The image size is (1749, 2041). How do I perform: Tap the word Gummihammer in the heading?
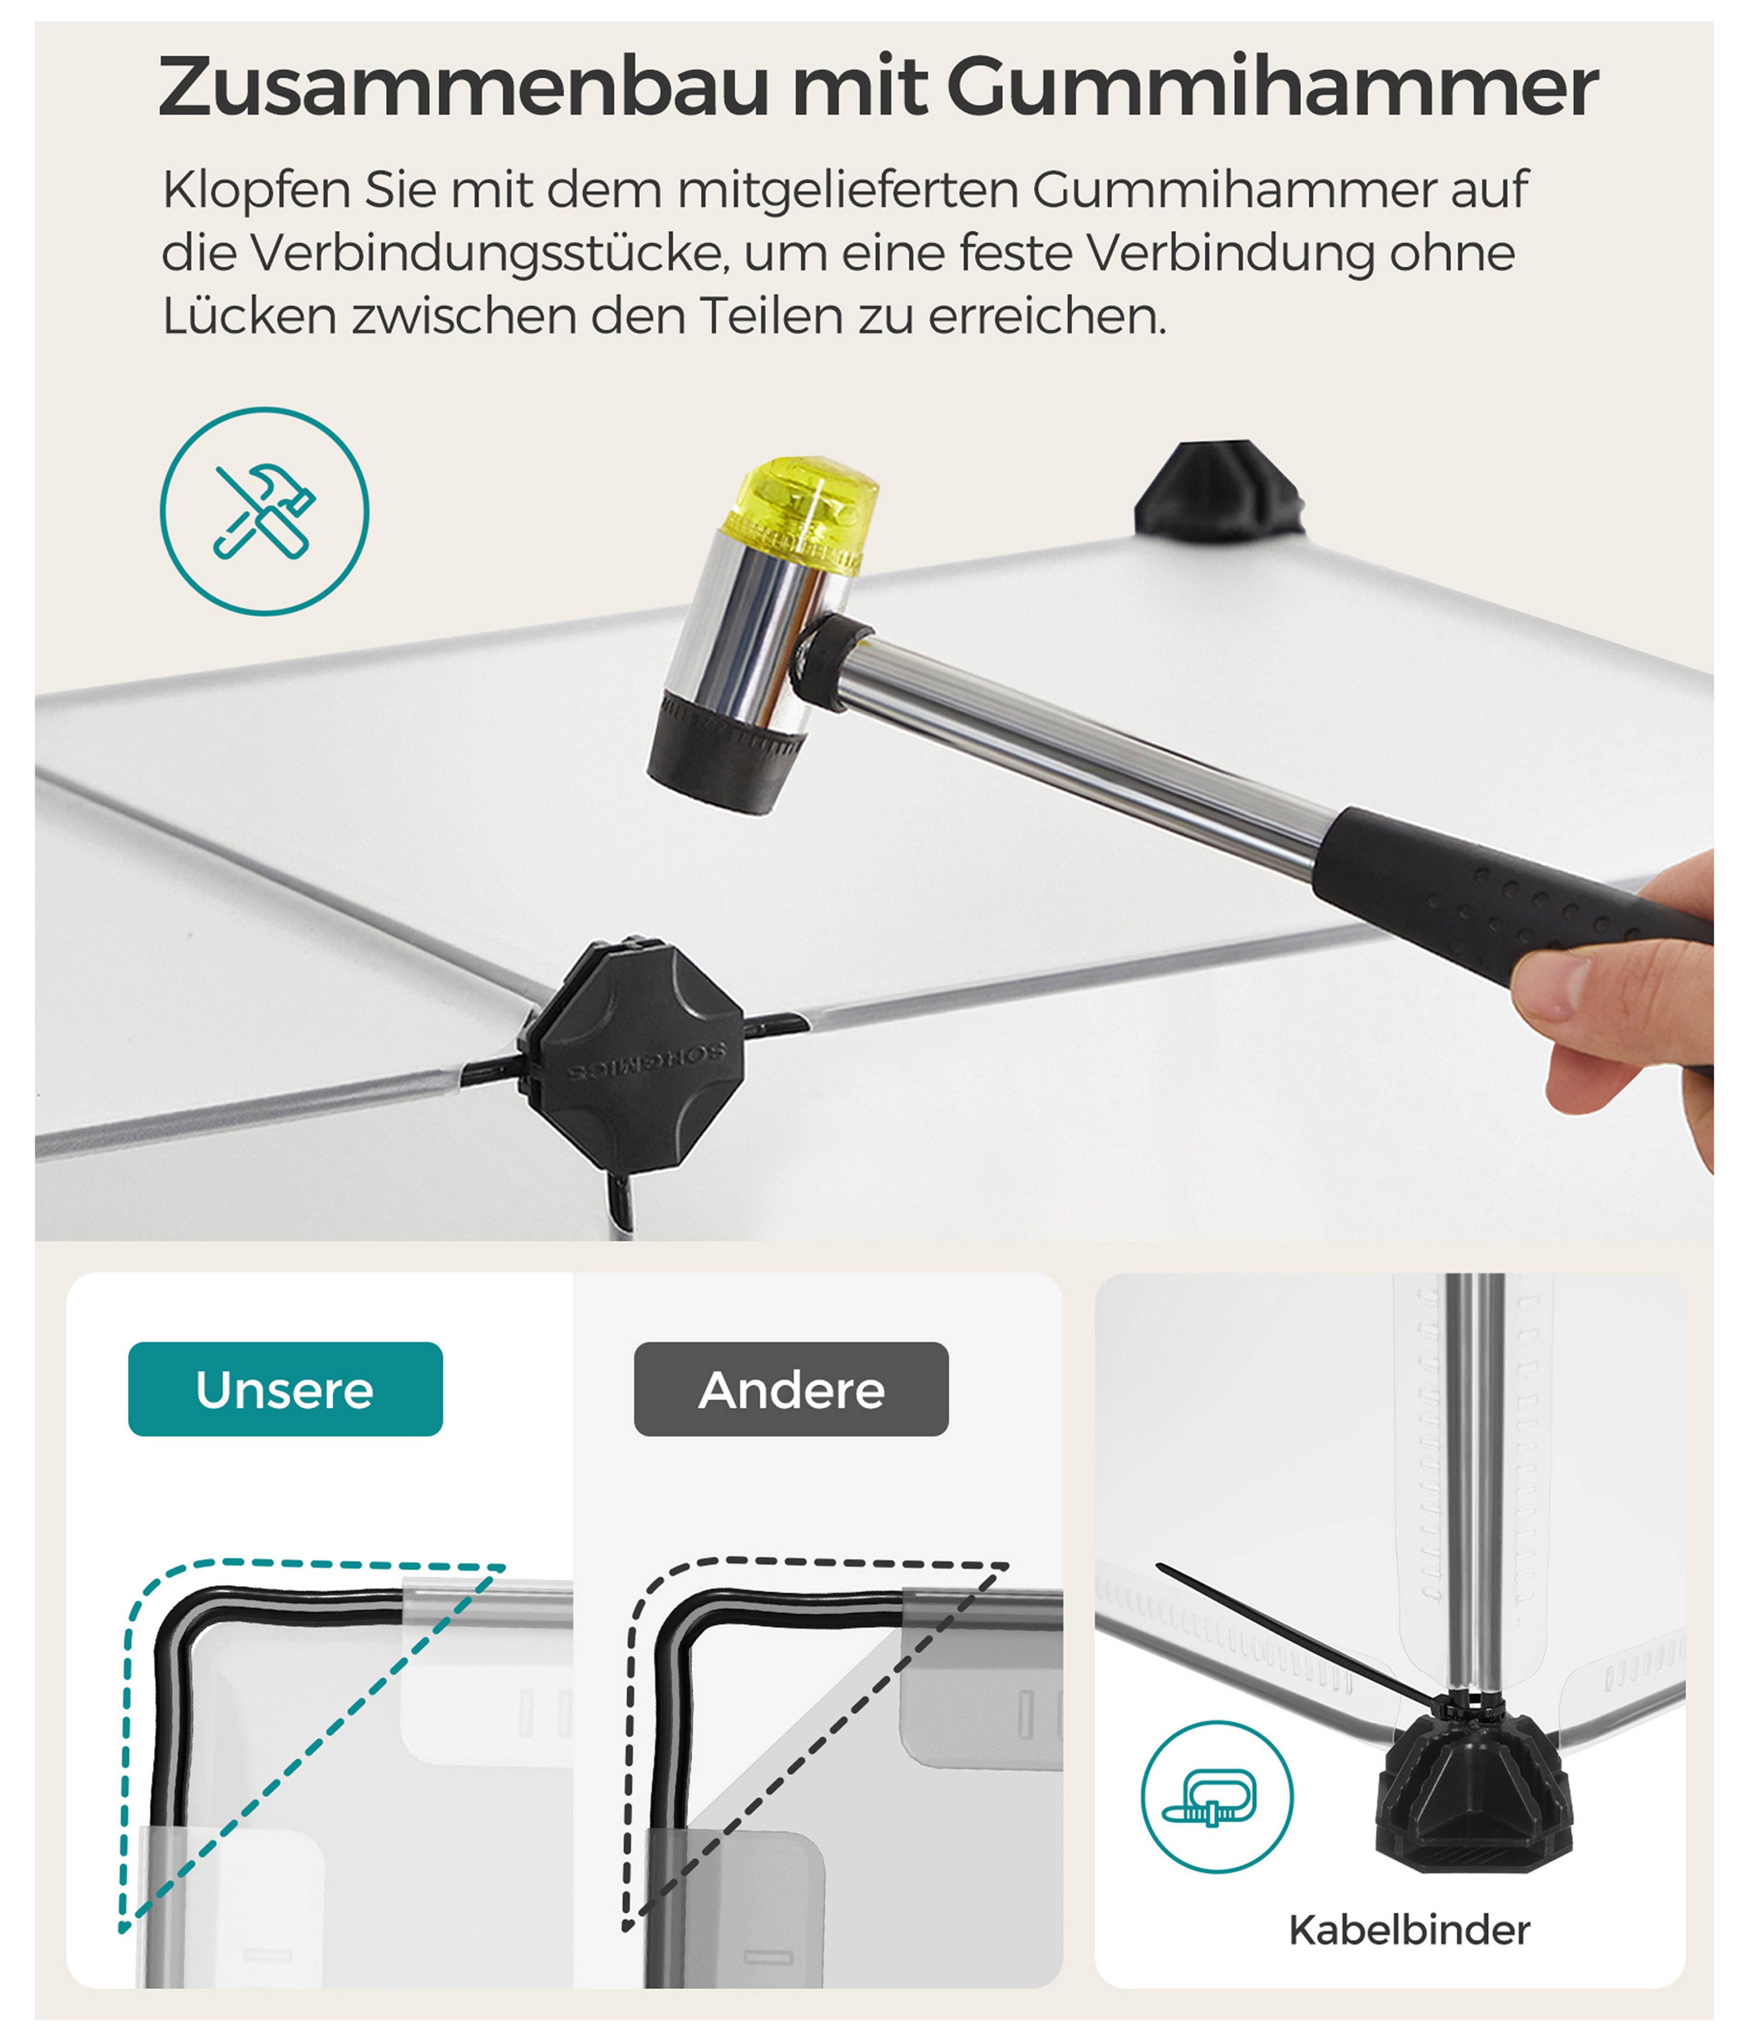click(x=1273, y=87)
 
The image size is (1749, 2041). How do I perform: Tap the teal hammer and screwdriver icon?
click(x=264, y=511)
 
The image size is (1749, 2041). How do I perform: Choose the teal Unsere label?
click(x=286, y=1389)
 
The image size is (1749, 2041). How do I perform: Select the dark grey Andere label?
click(x=791, y=1389)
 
